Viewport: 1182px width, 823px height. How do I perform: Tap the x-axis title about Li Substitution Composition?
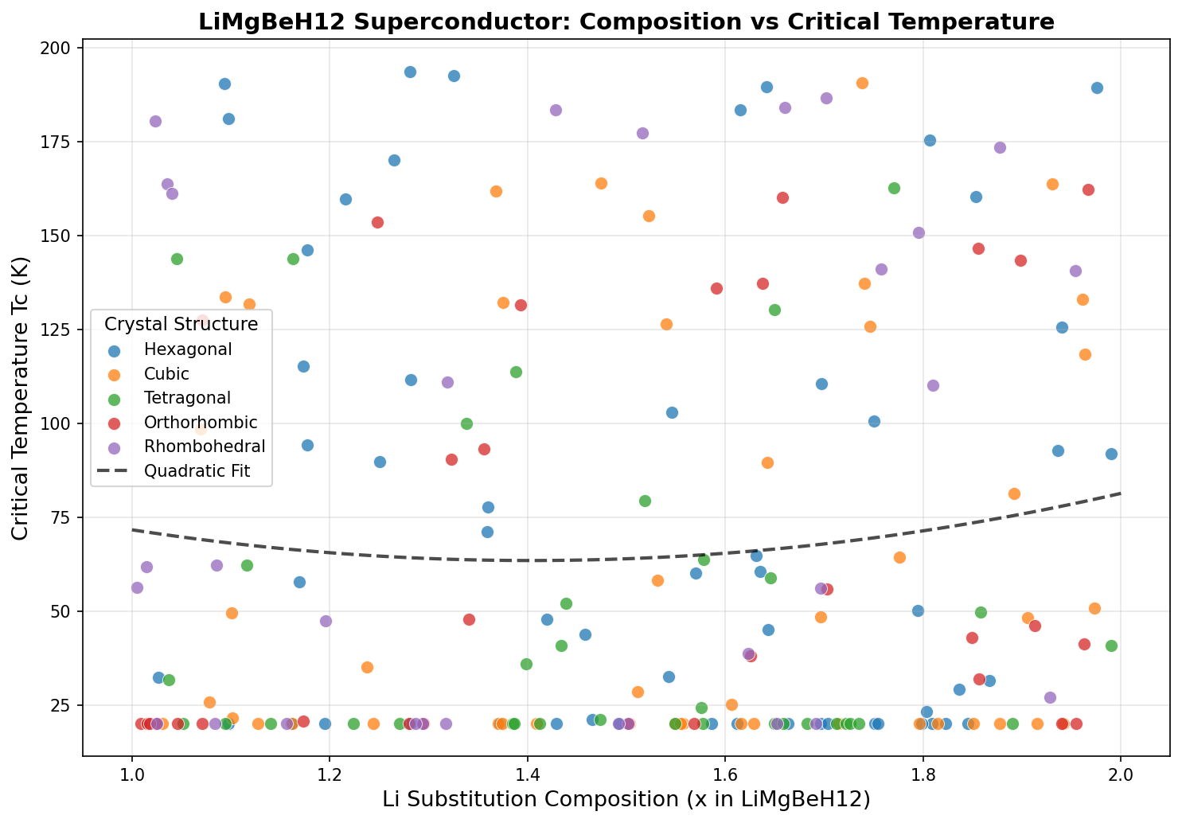[x=626, y=799]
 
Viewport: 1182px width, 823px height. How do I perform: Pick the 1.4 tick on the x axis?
[x=527, y=772]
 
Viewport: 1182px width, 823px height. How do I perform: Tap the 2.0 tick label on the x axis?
[x=1120, y=772]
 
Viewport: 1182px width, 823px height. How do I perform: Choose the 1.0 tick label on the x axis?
[x=132, y=772]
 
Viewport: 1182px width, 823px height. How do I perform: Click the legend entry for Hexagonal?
[x=188, y=349]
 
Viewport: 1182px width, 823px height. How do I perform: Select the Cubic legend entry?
[x=167, y=374]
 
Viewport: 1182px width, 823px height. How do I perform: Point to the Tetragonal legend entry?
[x=187, y=398]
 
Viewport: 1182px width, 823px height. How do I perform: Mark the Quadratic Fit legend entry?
[x=197, y=471]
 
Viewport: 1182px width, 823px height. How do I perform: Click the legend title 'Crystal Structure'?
[x=181, y=324]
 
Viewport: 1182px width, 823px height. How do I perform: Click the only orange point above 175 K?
[x=862, y=83]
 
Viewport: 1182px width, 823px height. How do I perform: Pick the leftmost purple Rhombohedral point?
[x=137, y=587]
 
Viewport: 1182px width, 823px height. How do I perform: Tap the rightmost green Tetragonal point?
[x=1111, y=646]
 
